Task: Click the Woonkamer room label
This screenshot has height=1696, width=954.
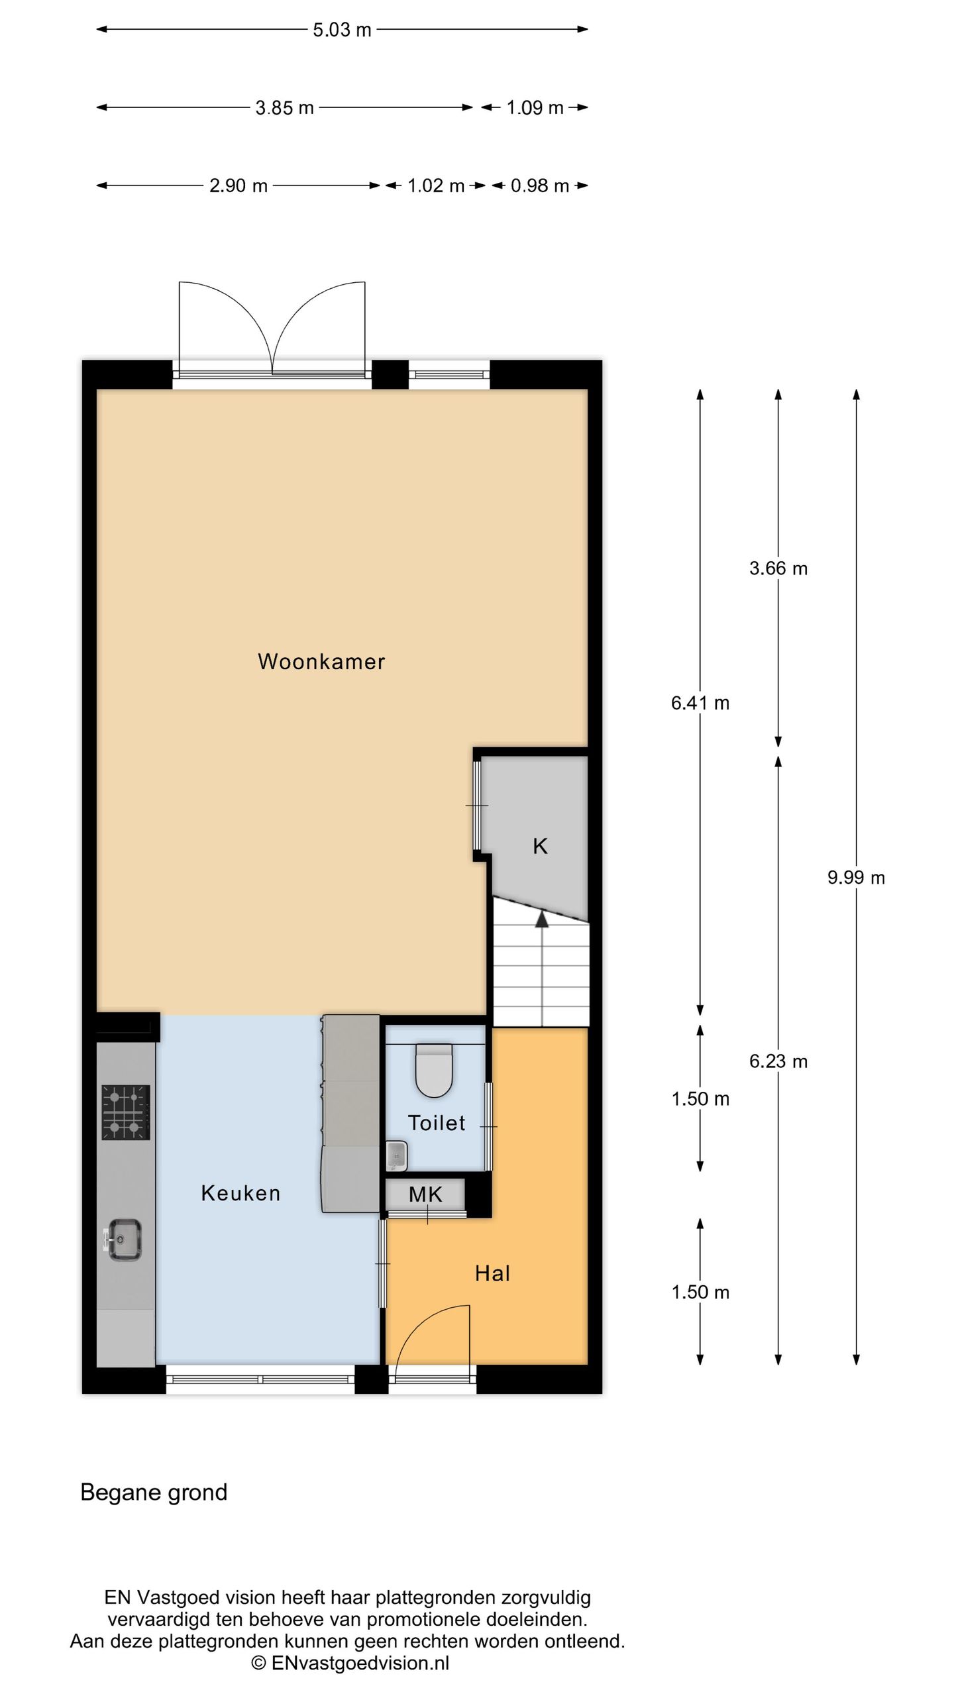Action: point(321,661)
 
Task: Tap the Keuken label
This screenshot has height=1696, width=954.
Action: point(240,1193)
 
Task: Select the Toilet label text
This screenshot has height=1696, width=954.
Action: point(437,1123)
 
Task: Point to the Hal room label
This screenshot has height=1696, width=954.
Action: point(492,1273)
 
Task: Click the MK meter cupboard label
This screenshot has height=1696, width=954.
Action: point(425,1194)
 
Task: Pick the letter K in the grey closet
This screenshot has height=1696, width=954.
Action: point(540,846)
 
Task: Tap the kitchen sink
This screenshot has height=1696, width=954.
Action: point(124,1240)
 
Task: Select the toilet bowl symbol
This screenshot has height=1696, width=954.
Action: point(434,1070)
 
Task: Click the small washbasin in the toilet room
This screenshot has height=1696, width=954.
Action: point(396,1155)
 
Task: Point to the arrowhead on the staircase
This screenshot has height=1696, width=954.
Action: point(542,919)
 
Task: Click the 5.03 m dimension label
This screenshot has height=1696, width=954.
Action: point(342,30)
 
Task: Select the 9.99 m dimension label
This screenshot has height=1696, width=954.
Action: point(856,878)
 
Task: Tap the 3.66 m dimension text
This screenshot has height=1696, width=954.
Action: point(778,568)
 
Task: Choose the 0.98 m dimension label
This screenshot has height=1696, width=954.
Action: point(540,186)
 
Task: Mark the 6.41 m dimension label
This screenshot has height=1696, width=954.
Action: point(700,703)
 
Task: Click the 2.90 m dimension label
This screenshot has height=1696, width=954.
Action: point(238,186)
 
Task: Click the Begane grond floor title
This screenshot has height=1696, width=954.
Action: point(154,1493)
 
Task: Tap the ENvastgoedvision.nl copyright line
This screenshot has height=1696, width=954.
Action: point(350,1662)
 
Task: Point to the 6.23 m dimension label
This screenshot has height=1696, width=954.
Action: point(778,1062)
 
